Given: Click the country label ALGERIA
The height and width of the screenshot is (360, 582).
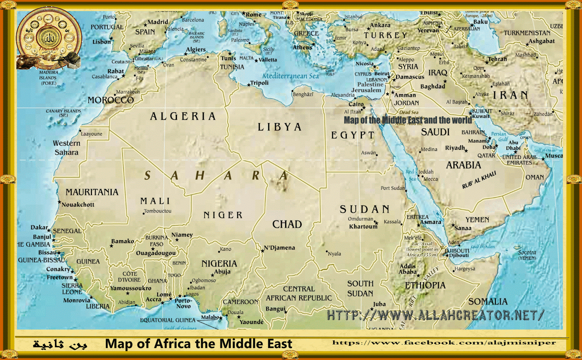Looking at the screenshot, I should pyautogui.click(x=183, y=116).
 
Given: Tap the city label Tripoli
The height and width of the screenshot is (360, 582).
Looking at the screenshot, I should pyautogui.click(x=259, y=83).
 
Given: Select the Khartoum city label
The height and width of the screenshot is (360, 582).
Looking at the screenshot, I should pyautogui.click(x=363, y=227).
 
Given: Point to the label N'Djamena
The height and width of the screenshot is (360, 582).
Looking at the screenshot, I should pyautogui.click(x=279, y=248).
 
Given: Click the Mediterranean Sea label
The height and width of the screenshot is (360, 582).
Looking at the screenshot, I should pyautogui.click(x=290, y=76).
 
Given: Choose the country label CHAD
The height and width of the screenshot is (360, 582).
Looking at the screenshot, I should pyautogui.click(x=287, y=224).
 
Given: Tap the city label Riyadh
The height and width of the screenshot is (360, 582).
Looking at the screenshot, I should pyautogui.click(x=455, y=148).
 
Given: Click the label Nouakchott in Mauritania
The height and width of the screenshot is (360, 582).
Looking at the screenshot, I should pyautogui.click(x=78, y=205).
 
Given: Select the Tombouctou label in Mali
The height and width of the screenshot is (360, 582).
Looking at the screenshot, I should pyautogui.click(x=158, y=211).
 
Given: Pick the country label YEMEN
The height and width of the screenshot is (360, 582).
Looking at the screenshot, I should pyautogui.click(x=477, y=220).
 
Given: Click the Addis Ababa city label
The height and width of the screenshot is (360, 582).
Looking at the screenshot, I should pyautogui.click(x=407, y=269).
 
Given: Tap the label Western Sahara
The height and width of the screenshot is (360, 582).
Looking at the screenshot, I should pyautogui.click(x=67, y=148).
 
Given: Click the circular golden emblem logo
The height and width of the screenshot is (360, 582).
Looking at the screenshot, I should pyautogui.click(x=49, y=38).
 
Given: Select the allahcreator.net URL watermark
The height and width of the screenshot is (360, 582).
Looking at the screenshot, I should pyautogui.click(x=435, y=315).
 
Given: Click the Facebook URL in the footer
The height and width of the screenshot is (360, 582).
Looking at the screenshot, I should pyautogui.click(x=444, y=343).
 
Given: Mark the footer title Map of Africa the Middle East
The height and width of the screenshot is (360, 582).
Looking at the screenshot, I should pyautogui.click(x=199, y=344).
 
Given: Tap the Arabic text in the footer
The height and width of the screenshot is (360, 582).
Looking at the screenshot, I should pyautogui.click(x=60, y=344).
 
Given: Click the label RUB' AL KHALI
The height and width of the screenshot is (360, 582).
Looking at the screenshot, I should pyautogui.click(x=479, y=180).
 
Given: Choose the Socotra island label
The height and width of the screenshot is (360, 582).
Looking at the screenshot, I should pyautogui.click(x=527, y=252).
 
